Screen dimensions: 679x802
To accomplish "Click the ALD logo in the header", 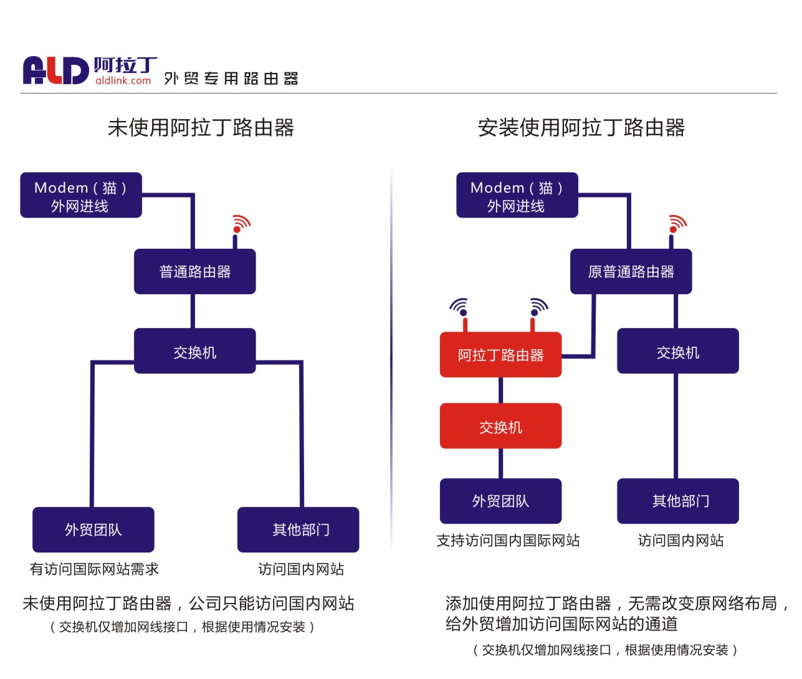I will pos(55,70).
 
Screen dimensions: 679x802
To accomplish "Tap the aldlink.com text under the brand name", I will pos(123,80).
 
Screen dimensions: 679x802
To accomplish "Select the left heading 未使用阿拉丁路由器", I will pos(201,128).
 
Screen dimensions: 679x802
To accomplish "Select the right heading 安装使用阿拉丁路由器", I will pos(581,128).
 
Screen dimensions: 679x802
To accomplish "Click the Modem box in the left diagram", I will pos(81,195).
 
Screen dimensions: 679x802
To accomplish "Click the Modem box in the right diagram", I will pos(517,195).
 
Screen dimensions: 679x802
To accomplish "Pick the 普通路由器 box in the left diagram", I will pos(195,272).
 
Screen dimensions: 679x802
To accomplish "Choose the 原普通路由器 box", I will pos(631,272).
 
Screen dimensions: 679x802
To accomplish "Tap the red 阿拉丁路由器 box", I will pos(500,355).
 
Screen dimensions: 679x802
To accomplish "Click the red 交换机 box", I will pos(500,426).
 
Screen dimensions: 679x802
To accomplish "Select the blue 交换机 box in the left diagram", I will pos(195,352).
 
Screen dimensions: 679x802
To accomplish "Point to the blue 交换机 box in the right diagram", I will pos(677,352).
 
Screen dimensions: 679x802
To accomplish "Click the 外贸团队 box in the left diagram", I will pos(93,529).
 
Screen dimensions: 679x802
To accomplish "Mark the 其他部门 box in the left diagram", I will pos(298,529).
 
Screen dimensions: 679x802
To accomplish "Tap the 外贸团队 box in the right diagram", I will pos(500,501).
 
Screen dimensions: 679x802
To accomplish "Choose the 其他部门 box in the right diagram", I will pos(677,501).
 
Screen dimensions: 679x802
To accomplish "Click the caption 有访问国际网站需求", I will pos(94,569).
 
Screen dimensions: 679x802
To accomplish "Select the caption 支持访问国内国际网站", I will pos(508,541).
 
